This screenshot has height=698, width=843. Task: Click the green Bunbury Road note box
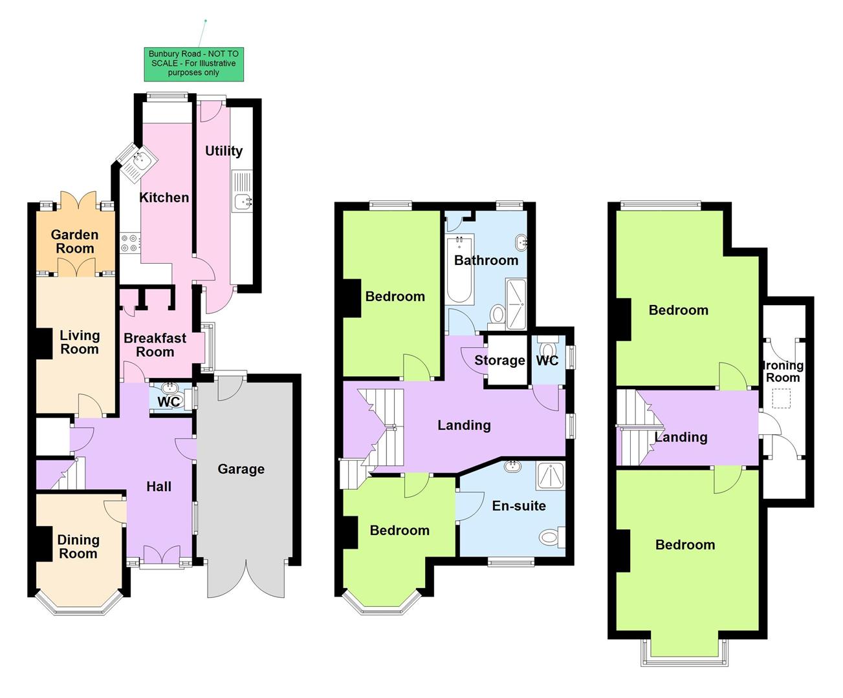193,63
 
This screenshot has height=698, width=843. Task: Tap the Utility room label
224,151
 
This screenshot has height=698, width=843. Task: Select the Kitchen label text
164,198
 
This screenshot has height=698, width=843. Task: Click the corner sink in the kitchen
137,161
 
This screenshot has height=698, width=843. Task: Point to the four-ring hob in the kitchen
129,243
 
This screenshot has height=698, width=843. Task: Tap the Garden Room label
75,242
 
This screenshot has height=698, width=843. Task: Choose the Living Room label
79,343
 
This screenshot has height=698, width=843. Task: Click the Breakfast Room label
155,345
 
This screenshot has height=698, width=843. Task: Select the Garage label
241,469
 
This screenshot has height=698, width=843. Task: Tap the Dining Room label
78,547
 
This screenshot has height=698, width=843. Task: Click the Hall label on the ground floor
159,487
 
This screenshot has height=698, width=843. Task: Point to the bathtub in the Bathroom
459,268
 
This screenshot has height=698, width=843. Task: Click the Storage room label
499,361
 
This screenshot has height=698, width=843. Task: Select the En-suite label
519,506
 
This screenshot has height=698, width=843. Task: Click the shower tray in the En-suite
550,476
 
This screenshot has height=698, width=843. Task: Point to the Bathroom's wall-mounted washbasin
521,244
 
